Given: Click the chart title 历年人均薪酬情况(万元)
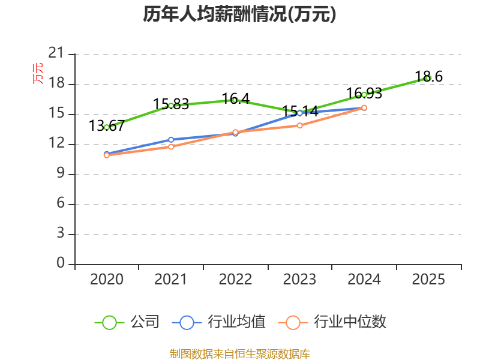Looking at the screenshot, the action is coord(239,14).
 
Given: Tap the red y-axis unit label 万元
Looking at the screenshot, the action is coord(38,73).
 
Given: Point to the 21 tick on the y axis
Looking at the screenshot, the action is coord(56,53).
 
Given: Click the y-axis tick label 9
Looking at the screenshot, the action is coord(61,173).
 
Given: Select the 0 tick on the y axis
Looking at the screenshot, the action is coord(61,263).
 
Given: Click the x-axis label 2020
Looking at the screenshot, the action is coord(107,279).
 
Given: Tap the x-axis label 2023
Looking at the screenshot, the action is coord(299,279).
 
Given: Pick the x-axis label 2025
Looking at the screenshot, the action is coord(428,279).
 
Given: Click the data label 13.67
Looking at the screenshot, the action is coord(107,126).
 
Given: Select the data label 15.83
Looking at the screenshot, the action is coord(171,104).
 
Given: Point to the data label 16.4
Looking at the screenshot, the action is coord(235,98).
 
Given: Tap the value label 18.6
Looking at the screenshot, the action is coord(428,77).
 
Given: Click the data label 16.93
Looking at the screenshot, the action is coord(364,94).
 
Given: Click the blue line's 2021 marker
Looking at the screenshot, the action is coord(171,140).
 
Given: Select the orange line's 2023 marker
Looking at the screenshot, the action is coord(299,125).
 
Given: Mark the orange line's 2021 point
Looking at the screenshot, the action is coord(171,147).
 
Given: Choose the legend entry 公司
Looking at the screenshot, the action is coord(127,322).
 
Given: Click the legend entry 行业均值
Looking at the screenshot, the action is coord(219,322).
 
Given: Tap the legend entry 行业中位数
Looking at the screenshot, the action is coord(332,322).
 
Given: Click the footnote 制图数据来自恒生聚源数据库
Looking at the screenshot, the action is coord(240,354).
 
